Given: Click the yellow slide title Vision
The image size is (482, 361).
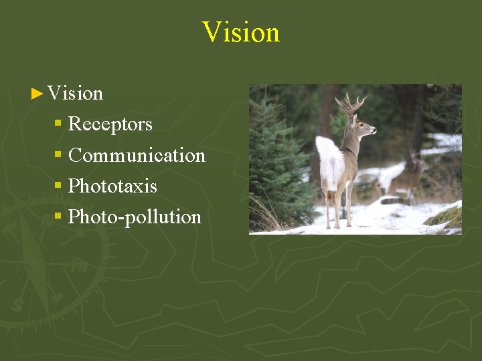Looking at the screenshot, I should [240, 32].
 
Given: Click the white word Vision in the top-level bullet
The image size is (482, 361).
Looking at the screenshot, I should [75, 94].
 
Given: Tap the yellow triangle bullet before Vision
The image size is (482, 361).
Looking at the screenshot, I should [37, 94].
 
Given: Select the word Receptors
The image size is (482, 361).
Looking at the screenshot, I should [110, 124].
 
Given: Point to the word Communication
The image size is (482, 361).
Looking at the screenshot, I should [137, 155].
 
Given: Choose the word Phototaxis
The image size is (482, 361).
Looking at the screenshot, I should [112, 186].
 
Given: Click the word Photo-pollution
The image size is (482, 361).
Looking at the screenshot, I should [135, 217].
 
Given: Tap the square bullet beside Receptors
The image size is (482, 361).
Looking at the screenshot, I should [58, 124].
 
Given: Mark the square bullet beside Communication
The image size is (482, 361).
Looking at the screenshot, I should [58, 154].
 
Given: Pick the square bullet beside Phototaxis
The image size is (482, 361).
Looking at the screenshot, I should [58, 185].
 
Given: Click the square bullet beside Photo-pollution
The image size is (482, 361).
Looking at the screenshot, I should [58, 216].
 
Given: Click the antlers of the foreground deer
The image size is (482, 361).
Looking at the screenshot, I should [349, 104].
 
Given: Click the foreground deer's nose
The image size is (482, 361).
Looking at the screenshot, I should [374, 130].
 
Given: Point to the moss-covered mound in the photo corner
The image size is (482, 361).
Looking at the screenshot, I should [445, 217].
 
